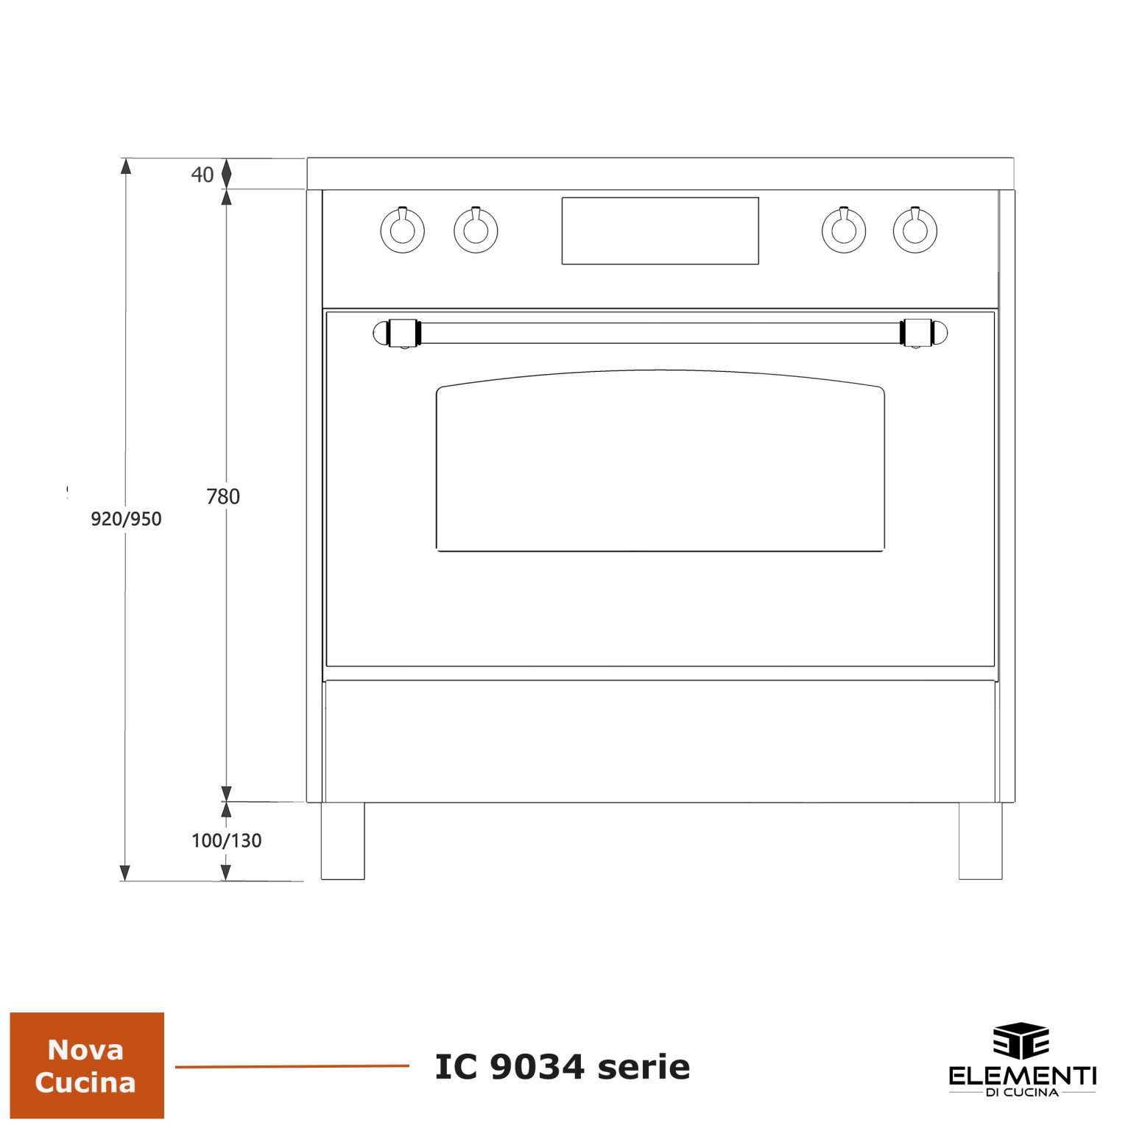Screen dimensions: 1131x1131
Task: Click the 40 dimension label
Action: click(x=202, y=175)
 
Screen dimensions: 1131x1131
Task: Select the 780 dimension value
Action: click(x=223, y=497)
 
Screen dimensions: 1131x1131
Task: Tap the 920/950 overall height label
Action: click(x=126, y=519)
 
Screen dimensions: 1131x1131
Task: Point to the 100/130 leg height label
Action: click(x=227, y=840)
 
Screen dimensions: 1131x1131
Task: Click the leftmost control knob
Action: click(x=402, y=229)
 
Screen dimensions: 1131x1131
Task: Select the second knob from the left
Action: click(x=475, y=229)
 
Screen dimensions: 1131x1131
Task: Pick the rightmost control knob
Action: click(x=915, y=229)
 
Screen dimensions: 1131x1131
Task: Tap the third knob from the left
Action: click(x=843, y=229)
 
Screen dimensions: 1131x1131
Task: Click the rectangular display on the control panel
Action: click(x=660, y=230)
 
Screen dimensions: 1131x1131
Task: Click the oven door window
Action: click(x=660, y=461)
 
